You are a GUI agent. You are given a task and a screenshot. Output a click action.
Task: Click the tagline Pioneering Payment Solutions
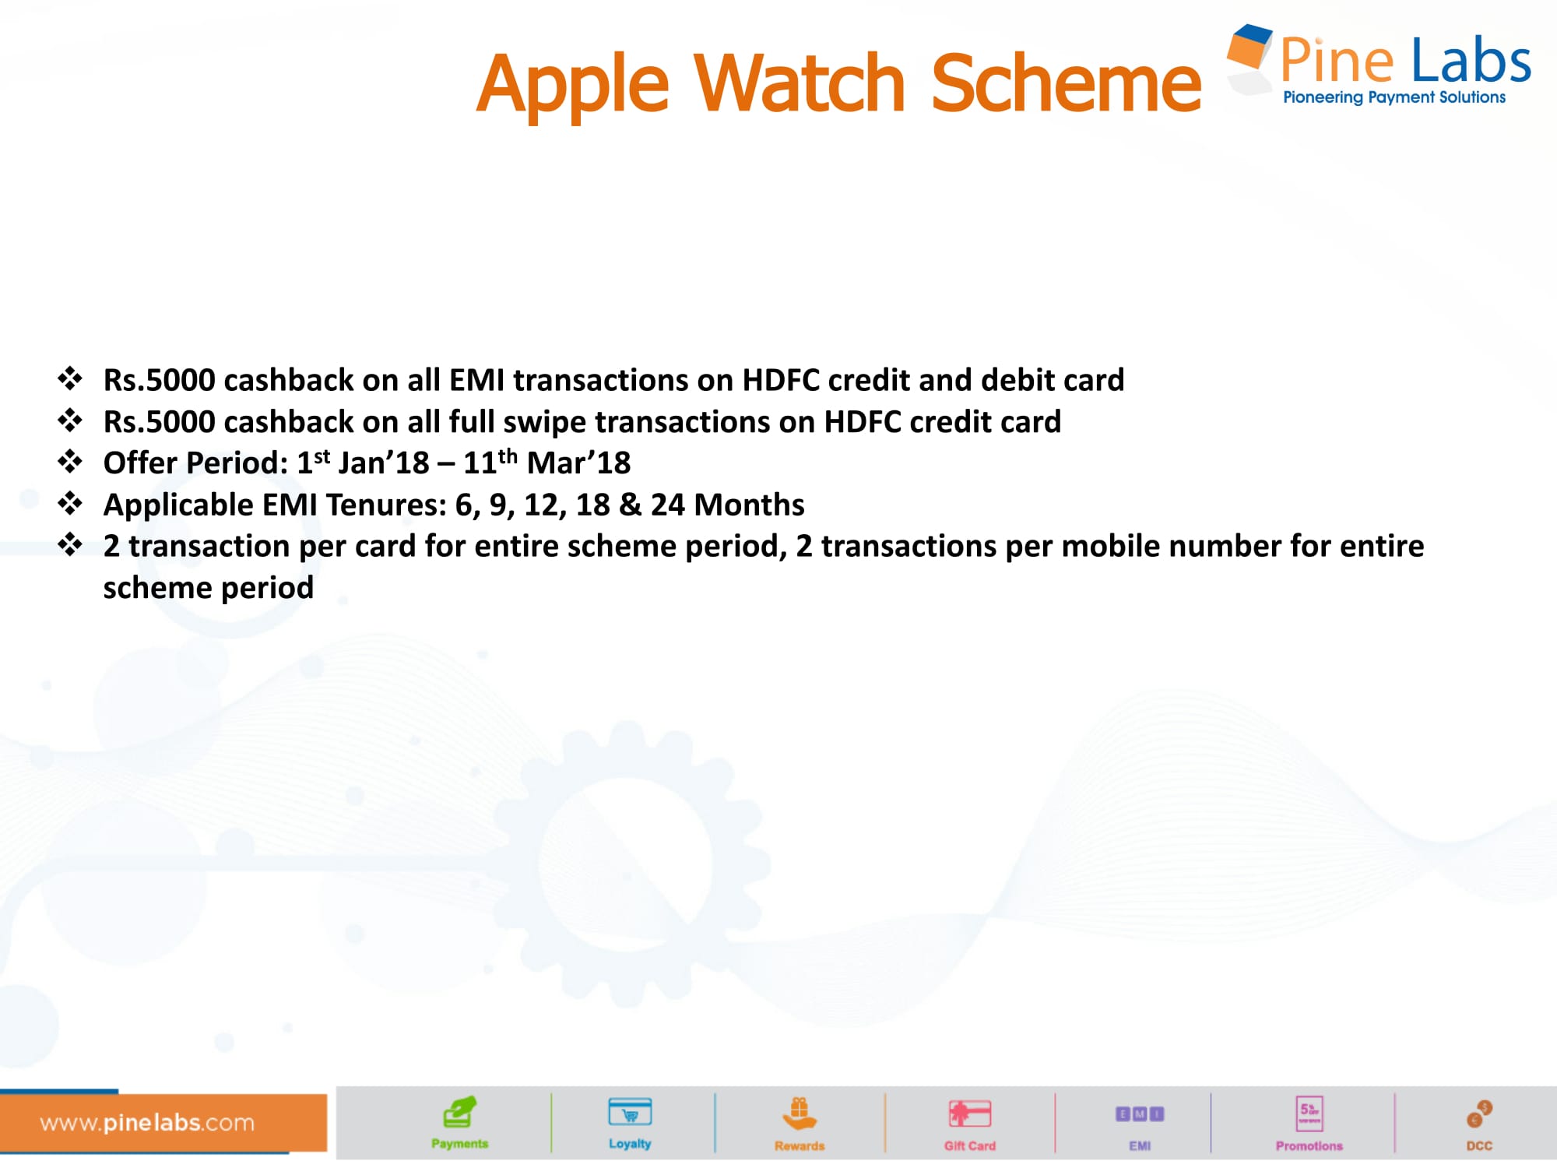1394,97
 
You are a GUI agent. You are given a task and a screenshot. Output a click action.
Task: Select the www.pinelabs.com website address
147,1122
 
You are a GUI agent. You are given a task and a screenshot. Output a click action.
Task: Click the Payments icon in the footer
459,1113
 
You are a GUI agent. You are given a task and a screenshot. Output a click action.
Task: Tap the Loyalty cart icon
630,1113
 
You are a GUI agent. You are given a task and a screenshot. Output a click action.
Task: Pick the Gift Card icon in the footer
970,1113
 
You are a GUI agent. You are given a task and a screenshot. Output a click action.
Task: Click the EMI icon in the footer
1140,1114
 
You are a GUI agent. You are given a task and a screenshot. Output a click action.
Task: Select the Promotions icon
1309,1113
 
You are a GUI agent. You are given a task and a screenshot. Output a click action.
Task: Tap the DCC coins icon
1479,1114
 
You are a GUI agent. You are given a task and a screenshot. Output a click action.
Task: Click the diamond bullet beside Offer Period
70,462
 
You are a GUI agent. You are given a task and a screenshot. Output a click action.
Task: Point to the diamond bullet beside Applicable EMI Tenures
70,503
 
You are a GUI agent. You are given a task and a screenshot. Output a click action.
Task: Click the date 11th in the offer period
490,462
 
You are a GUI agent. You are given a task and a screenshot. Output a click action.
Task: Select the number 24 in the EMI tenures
667,505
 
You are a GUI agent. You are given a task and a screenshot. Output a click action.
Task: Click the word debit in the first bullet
1015,380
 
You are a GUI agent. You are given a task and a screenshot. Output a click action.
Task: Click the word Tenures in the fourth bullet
386,505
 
